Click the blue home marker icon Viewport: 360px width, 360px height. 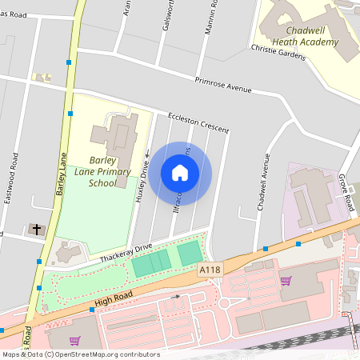point(180,173)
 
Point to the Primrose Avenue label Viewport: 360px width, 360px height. point(223,83)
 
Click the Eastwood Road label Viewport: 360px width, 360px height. point(10,178)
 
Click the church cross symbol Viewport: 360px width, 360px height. point(35,230)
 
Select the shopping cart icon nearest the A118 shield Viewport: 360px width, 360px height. point(286,280)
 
